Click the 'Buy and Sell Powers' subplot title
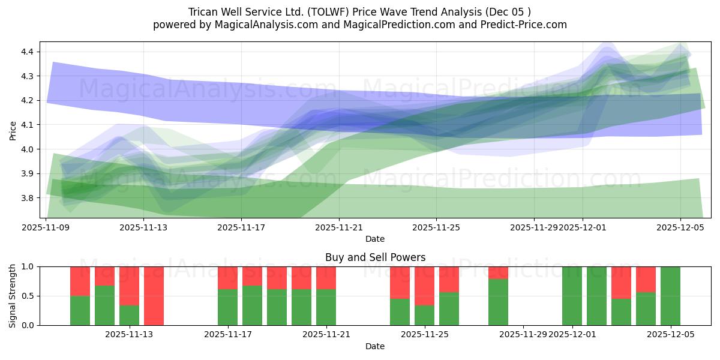coord(375,257)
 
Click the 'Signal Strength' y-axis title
coord(13,296)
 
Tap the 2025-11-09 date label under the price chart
coord(46,228)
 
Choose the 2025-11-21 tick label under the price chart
coord(339,228)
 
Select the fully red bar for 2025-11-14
coord(154,296)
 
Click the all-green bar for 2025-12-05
coord(670,296)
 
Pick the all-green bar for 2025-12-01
coord(572,296)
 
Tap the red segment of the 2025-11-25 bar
coord(424,286)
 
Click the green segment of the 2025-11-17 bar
coord(227,307)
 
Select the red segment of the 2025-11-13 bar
coord(129,286)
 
